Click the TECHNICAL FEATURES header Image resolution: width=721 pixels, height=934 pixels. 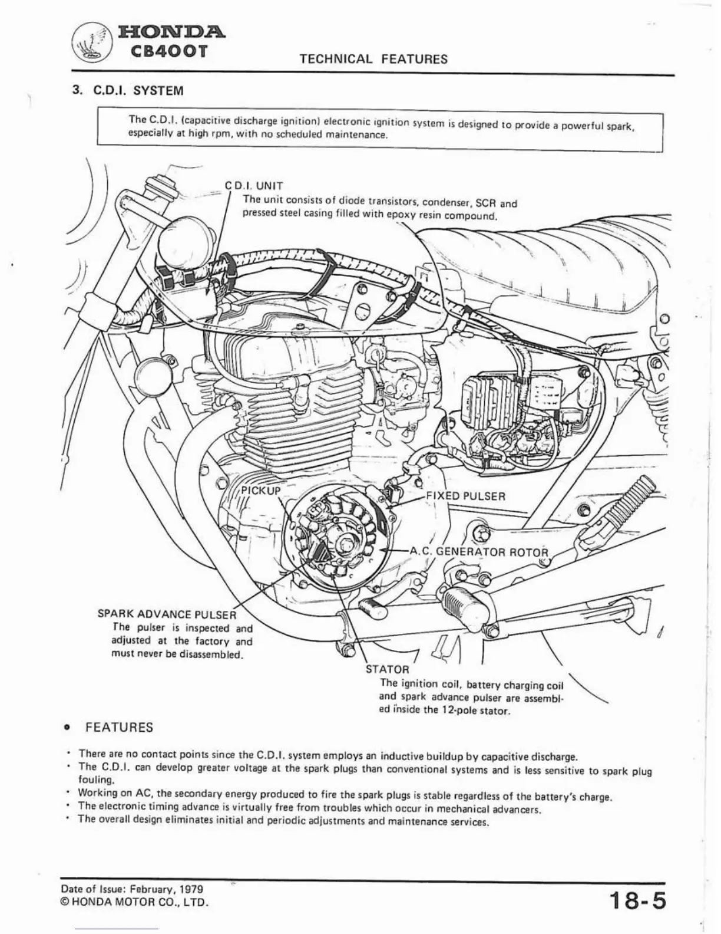[373, 59]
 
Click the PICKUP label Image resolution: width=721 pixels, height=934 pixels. [262, 491]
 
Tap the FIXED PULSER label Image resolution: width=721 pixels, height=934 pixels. [465, 496]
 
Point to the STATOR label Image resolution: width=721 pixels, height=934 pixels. [387, 669]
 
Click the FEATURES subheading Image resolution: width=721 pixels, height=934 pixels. [119, 727]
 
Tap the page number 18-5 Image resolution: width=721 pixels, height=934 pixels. [637, 902]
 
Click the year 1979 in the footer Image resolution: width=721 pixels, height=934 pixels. [192, 889]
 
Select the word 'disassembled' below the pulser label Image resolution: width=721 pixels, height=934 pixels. [211, 655]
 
